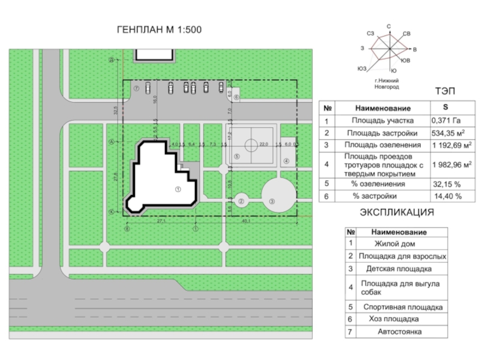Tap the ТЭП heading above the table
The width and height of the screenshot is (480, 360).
click(x=445, y=91)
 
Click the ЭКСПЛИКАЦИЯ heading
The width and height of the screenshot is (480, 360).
click(x=397, y=212)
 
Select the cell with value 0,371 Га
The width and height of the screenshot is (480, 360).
click(x=446, y=120)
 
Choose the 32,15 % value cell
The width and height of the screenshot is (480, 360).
click(x=446, y=184)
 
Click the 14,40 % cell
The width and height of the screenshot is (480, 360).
click(x=448, y=196)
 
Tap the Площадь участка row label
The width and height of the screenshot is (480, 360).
click(x=382, y=120)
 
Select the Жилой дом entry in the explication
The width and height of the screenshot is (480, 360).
click(x=395, y=244)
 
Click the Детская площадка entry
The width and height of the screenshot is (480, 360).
click(x=399, y=269)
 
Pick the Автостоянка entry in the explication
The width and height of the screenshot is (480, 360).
click(x=400, y=331)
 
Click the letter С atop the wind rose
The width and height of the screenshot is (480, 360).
click(x=389, y=26)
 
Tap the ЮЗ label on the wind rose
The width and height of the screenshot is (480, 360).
click(x=361, y=68)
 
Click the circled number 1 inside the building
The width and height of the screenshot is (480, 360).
click(x=178, y=188)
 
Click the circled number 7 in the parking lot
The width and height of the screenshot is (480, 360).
click(x=137, y=88)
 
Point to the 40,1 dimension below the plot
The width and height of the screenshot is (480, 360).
click(x=246, y=221)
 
